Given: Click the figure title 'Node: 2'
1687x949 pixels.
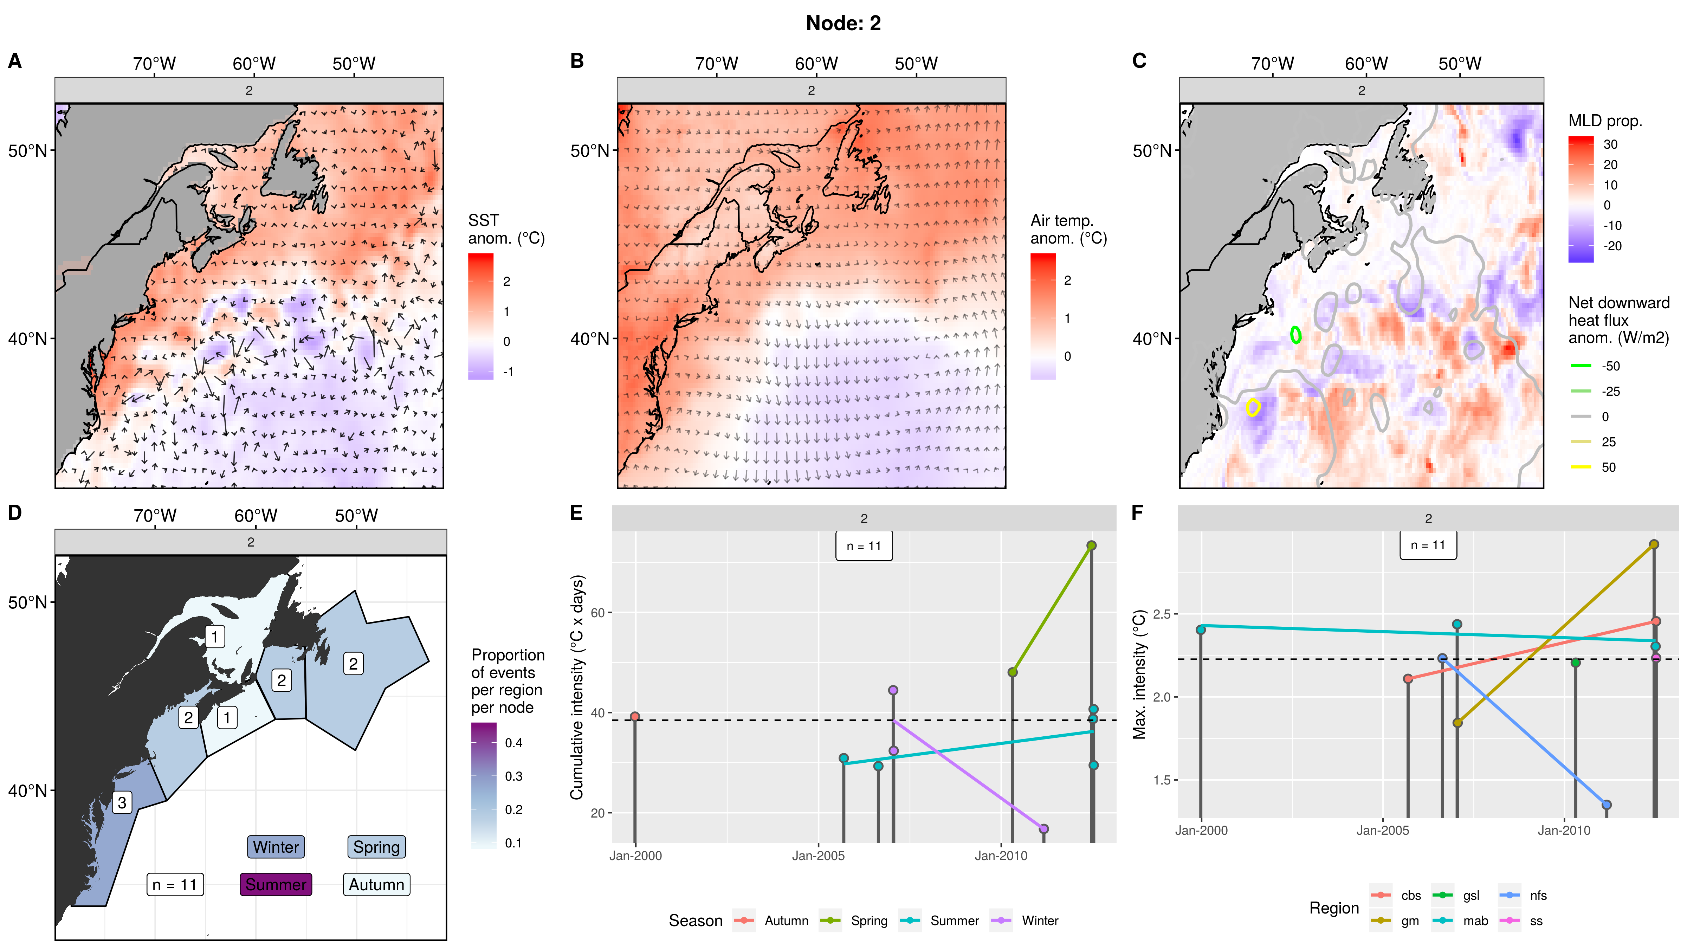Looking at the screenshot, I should click(x=843, y=24).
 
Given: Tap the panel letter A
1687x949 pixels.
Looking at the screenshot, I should click(x=14, y=61).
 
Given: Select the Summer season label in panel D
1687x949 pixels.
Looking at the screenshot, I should click(x=276, y=884).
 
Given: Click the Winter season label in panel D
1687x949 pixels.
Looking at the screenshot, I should click(x=276, y=847).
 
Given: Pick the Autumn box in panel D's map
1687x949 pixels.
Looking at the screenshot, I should click(x=376, y=884).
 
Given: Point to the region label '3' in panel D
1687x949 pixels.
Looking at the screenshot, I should click(x=122, y=802).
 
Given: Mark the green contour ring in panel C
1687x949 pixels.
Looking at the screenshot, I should click(x=1295, y=335).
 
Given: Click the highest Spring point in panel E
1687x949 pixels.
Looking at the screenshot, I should click(x=1091, y=545).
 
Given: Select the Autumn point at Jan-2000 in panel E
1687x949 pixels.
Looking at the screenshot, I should click(x=635, y=717).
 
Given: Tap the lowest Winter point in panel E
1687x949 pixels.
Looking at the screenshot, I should click(x=1044, y=829).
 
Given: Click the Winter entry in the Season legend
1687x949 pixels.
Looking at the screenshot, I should click(x=1039, y=921).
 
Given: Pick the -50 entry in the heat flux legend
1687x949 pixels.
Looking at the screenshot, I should click(x=1610, y=366).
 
